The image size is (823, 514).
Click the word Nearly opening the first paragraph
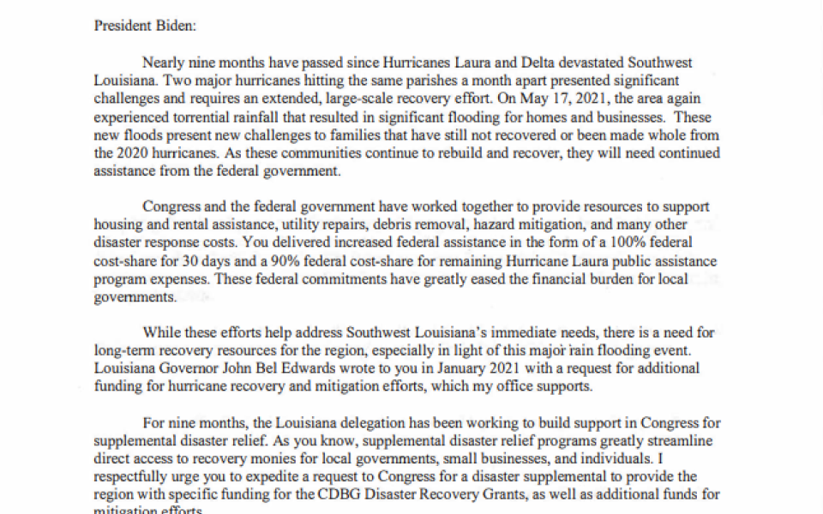click(163, 63)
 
